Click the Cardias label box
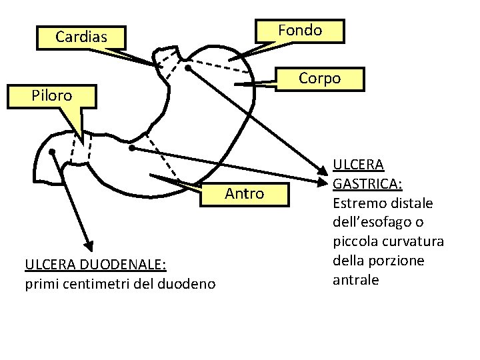coord(81,37)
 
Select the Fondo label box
coord(300,31)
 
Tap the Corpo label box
coord(319,79)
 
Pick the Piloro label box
coord(52,95)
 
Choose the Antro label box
coord(245,194)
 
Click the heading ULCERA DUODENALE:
coord(95,265)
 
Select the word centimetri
coord(88,284)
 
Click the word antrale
coord(355,279)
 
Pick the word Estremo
coord(356,202)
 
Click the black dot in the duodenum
coord(52,152)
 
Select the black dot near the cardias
coord(189,68)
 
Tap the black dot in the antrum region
coord(132,147)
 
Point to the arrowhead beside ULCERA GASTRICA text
coord(324,180)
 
